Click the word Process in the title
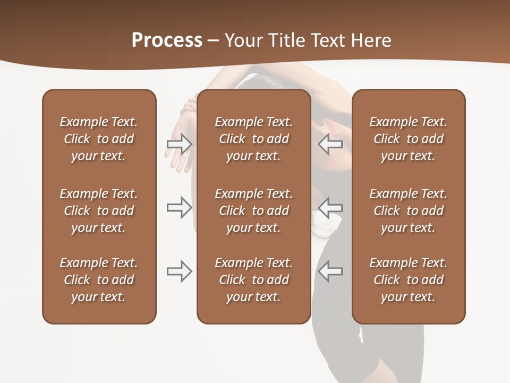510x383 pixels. [167, 40]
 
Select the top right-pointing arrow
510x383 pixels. [180, 144]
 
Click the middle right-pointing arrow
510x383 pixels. [180, 207]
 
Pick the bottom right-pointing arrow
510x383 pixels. [180, 271]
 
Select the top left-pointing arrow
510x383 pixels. [330, 144]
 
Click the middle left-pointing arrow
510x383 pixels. [330, 207]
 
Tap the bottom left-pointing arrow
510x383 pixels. [330, 271]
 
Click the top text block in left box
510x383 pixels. [99, 139]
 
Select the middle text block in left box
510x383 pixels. [99, 211]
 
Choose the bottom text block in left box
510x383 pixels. [99, 280]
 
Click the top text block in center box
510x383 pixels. [253, 139]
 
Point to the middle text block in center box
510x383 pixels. [253, 211]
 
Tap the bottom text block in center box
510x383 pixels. [253, 280]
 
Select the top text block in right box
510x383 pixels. [408, 139]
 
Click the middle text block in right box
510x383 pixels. [408, 211]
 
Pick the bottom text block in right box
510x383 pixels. [408, 280]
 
